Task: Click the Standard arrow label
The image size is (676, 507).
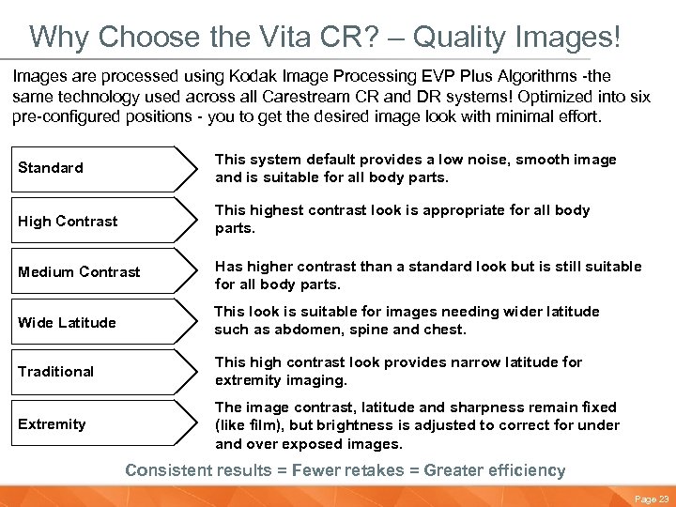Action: coord(51,168)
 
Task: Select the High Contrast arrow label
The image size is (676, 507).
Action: coord(68,222)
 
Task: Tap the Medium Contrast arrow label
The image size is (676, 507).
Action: coord(79,272)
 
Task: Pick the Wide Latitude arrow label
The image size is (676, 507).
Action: coord(67,323)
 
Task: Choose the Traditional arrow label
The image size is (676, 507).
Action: coord(55,372)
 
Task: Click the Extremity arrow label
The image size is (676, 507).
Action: coord(52,424)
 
